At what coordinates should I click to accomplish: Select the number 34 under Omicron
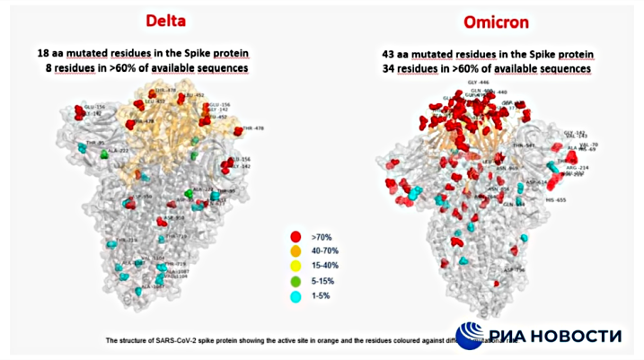(378, 68)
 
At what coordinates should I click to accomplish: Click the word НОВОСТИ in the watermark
(578, 336)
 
